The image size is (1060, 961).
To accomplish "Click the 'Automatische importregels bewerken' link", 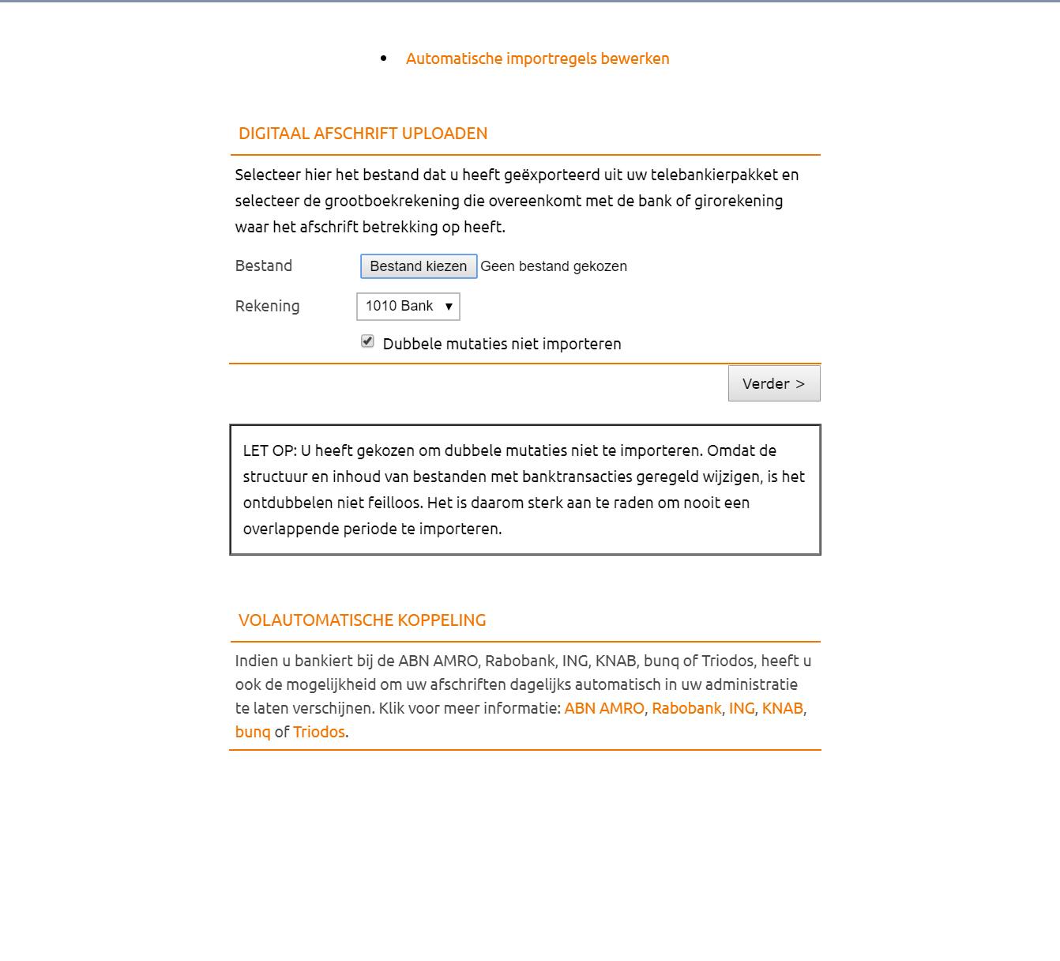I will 537,58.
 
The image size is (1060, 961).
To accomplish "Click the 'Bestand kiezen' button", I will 419,266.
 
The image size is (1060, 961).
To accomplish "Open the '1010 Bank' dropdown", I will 408,307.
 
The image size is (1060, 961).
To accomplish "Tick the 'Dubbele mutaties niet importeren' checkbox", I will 367,341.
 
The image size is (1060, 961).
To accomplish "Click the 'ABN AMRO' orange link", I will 604,708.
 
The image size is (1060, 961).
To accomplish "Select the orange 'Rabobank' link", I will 686,708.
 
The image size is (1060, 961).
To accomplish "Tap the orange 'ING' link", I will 742,708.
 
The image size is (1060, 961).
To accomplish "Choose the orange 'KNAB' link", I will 782,708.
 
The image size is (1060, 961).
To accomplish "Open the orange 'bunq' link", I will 253,732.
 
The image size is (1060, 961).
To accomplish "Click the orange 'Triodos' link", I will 319,732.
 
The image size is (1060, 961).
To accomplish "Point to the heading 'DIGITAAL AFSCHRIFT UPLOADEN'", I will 363,134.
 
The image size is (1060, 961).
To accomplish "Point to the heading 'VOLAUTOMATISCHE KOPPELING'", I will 363,620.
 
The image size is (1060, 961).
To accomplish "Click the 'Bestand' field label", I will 264,266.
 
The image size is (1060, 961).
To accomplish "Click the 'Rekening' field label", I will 267,306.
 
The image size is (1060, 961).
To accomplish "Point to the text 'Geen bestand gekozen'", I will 554,266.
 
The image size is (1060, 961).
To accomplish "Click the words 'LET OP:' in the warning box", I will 269,450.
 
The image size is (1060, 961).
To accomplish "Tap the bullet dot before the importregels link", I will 384,58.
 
